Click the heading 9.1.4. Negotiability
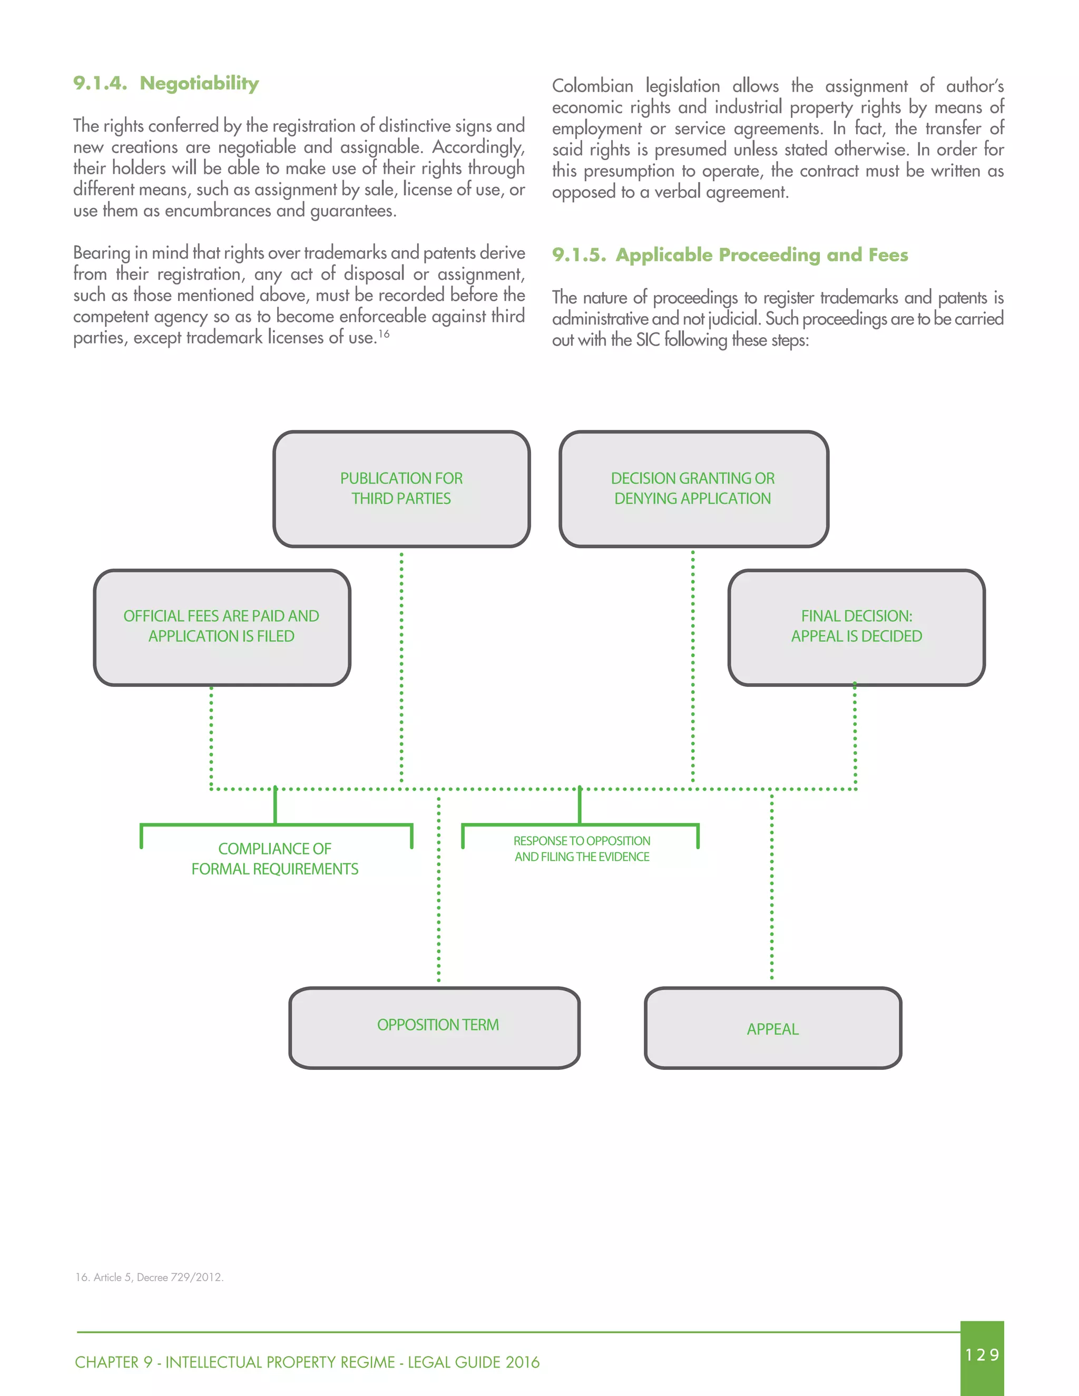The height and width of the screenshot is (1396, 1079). [x=166, y=83]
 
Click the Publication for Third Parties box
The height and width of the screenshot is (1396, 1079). [x=401, y=488]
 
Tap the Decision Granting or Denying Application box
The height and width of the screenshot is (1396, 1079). [x=693, y=488]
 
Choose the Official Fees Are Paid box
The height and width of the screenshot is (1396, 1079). [x=221, y=626]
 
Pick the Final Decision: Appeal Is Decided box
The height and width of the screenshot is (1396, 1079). [x=856, y=626]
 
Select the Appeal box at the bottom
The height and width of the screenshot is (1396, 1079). [x=772, y=1028]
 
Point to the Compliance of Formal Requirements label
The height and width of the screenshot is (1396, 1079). [x=275, y=859]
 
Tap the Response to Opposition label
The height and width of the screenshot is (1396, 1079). [x=582, y=849]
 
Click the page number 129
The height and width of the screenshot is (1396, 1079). [x=982, y=1354]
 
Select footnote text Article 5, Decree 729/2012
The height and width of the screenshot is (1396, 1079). [x=150, y=1277]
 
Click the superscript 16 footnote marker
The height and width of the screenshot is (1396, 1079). [x=384, y=333]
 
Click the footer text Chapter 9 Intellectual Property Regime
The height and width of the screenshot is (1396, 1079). [x=307, y=1362]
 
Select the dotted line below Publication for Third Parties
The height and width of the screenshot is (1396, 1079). [x=401, y=665]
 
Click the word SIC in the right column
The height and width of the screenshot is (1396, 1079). [x=647, y=339]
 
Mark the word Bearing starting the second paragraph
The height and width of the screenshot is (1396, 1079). [x=101, y=253]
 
